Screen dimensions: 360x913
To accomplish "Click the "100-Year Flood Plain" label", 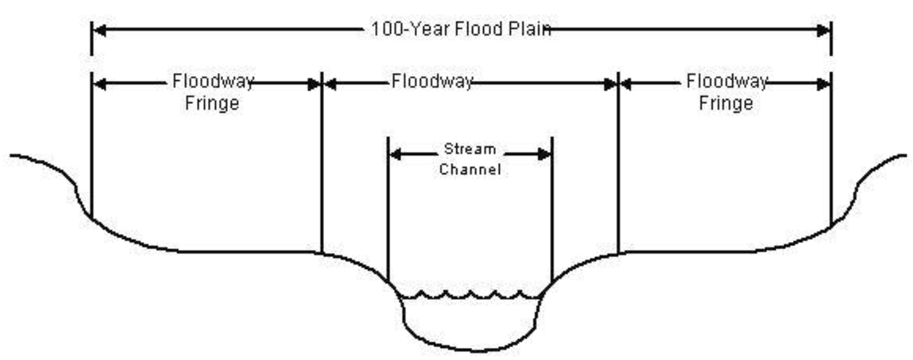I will tap(461, 29).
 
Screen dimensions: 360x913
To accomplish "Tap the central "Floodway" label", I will tap(432, 81).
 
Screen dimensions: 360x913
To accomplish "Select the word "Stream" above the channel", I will tap(470, 149).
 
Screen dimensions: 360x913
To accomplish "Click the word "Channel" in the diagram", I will tap(470, 169).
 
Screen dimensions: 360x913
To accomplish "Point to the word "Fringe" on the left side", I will tap(212, 103).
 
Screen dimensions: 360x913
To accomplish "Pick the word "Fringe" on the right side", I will tap(726, 103).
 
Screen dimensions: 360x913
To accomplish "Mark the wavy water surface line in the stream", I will tap(470, 296).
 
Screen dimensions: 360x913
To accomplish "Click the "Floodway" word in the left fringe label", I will tap(213, 81).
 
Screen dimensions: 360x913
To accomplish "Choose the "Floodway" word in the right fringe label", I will tap(727, 81).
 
